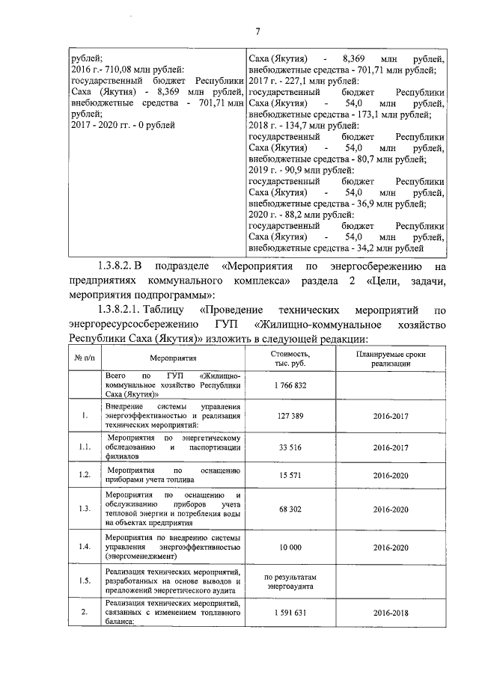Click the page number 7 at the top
pyautogui.click(x=257, y=31)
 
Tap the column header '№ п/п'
pyautogui.click(x=85, y=358)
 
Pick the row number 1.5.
pyautogui.click(x=85, y=581)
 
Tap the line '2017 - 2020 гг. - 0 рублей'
pyautogui.click(x=121, y=125)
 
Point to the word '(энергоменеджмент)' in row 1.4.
pyautogui.click(x=141, y=557)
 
